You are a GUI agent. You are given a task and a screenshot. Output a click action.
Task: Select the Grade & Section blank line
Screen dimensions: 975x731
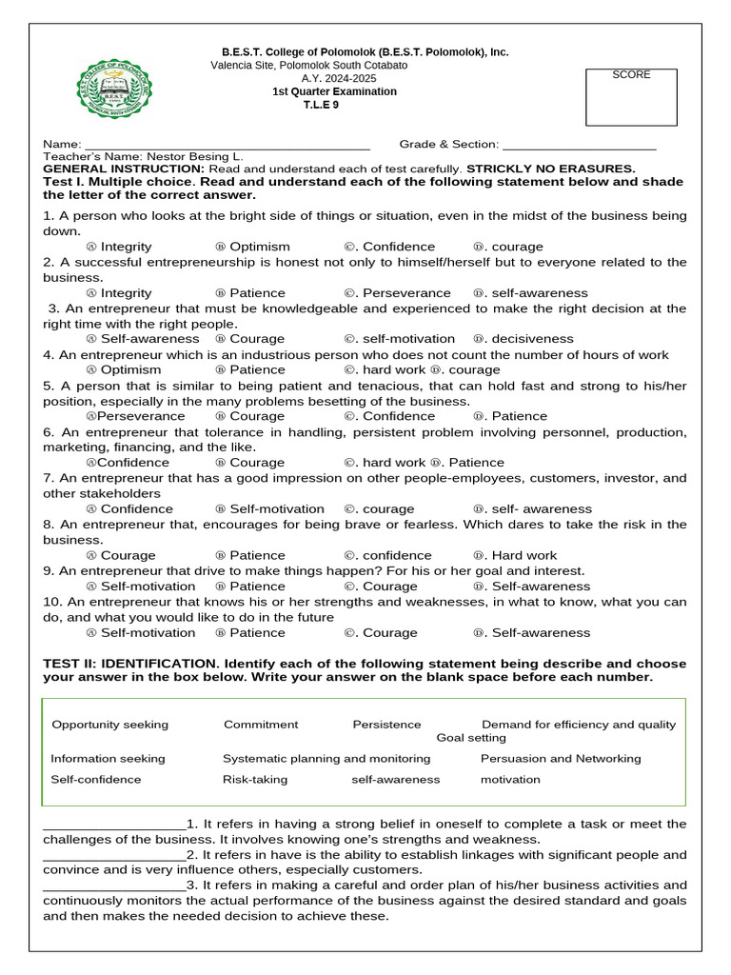point(579,145)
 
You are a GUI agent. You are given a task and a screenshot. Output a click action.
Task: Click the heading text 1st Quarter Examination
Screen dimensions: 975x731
point(334,91)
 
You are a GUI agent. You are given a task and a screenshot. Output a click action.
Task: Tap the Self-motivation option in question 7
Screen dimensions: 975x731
point(276,509)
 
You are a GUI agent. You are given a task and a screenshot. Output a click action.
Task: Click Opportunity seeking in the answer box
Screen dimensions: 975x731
point(109,725)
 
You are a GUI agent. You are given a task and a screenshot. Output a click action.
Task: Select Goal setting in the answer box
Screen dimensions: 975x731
point(471,738)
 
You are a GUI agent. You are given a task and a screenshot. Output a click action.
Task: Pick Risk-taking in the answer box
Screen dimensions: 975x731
point(255,780)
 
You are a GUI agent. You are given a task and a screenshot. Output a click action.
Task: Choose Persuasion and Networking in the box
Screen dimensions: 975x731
point(561,759)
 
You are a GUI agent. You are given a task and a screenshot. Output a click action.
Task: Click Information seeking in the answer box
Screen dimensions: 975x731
point(108,759)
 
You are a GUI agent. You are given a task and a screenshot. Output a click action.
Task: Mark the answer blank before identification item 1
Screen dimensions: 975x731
point(114,825)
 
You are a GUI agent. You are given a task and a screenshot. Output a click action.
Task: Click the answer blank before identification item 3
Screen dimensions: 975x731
point(114,886)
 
